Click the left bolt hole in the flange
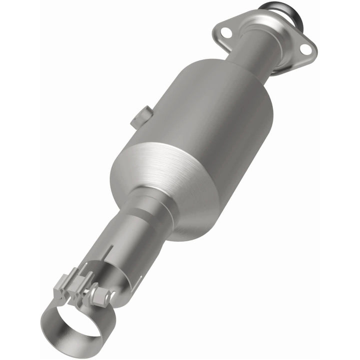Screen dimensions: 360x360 click(226, 32)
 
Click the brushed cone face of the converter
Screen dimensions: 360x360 click(165, 175)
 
